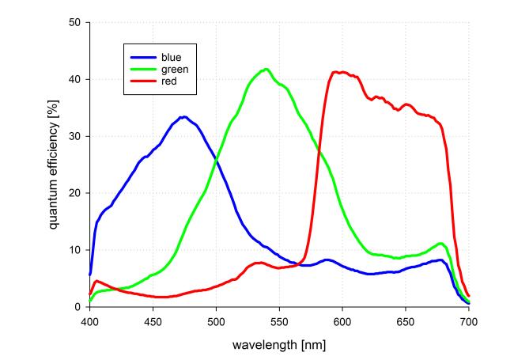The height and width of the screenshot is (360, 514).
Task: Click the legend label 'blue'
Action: pos(172,58)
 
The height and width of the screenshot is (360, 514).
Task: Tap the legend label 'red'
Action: pos(169,81)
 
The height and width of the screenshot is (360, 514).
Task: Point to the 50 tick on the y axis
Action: pos(76,23)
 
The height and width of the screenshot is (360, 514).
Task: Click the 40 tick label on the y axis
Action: pos(76,80)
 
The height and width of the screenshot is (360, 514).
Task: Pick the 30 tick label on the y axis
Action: pos(76,137)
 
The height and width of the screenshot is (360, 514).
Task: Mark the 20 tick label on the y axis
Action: pos(76,194)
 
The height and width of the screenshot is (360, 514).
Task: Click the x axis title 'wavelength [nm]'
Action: pos(279,345)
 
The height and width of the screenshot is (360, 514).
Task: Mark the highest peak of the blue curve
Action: pos(183,117)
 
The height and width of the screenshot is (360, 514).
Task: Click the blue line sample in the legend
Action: pos(142,58)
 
